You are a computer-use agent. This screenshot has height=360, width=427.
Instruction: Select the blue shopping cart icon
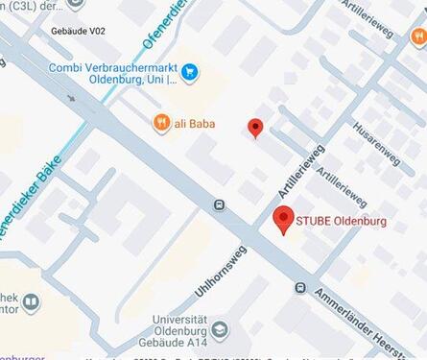pos(190,70)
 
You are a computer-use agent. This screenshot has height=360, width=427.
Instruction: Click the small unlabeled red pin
pos(255,127)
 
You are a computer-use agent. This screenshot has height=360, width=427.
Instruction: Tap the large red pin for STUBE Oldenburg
pos(283,220)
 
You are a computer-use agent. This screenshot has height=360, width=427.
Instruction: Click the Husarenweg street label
pos(373,139)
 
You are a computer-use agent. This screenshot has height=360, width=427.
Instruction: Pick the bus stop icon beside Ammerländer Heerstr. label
pos(301,287)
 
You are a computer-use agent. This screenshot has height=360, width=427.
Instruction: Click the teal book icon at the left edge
pos(31,304)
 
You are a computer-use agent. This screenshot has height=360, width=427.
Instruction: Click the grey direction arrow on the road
pos(70,98)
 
